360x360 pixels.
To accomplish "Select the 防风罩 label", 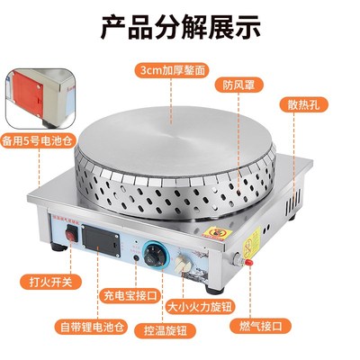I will [235, 86].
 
